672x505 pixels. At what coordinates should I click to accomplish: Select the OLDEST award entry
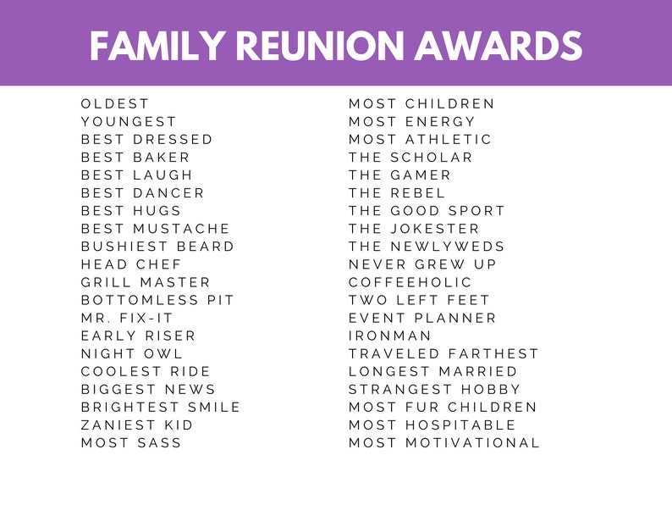click(115, 103)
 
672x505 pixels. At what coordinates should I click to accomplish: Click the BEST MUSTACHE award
click(156, 228)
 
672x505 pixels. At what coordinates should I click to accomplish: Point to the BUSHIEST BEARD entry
click(157, 246)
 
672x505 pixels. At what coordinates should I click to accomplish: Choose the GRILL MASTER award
click(146, 281)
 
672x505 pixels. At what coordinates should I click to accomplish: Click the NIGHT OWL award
click(132, 353)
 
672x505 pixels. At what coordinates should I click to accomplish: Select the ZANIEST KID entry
click(137, 425)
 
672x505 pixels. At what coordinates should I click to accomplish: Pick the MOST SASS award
click(131, 442)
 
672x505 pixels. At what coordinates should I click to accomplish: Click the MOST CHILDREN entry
click(421, 103)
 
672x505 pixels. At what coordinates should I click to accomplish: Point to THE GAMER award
click(399, 175)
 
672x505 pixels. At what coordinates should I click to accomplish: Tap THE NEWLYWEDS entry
click(427, 246)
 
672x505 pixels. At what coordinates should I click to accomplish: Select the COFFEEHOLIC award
click(410, 281)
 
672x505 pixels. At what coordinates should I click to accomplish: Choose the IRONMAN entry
click(390, 336)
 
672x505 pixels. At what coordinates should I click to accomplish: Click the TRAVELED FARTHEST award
click(443, 353)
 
